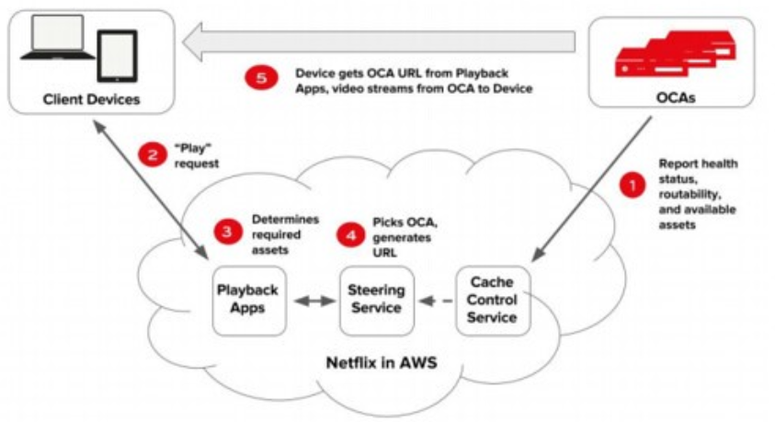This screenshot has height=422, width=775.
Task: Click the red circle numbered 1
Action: click(631, 184)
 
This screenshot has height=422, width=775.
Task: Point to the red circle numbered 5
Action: click(260, 79)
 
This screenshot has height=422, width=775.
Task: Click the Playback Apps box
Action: click(246, 299)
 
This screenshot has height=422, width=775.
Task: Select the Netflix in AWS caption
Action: click(381, 361)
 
